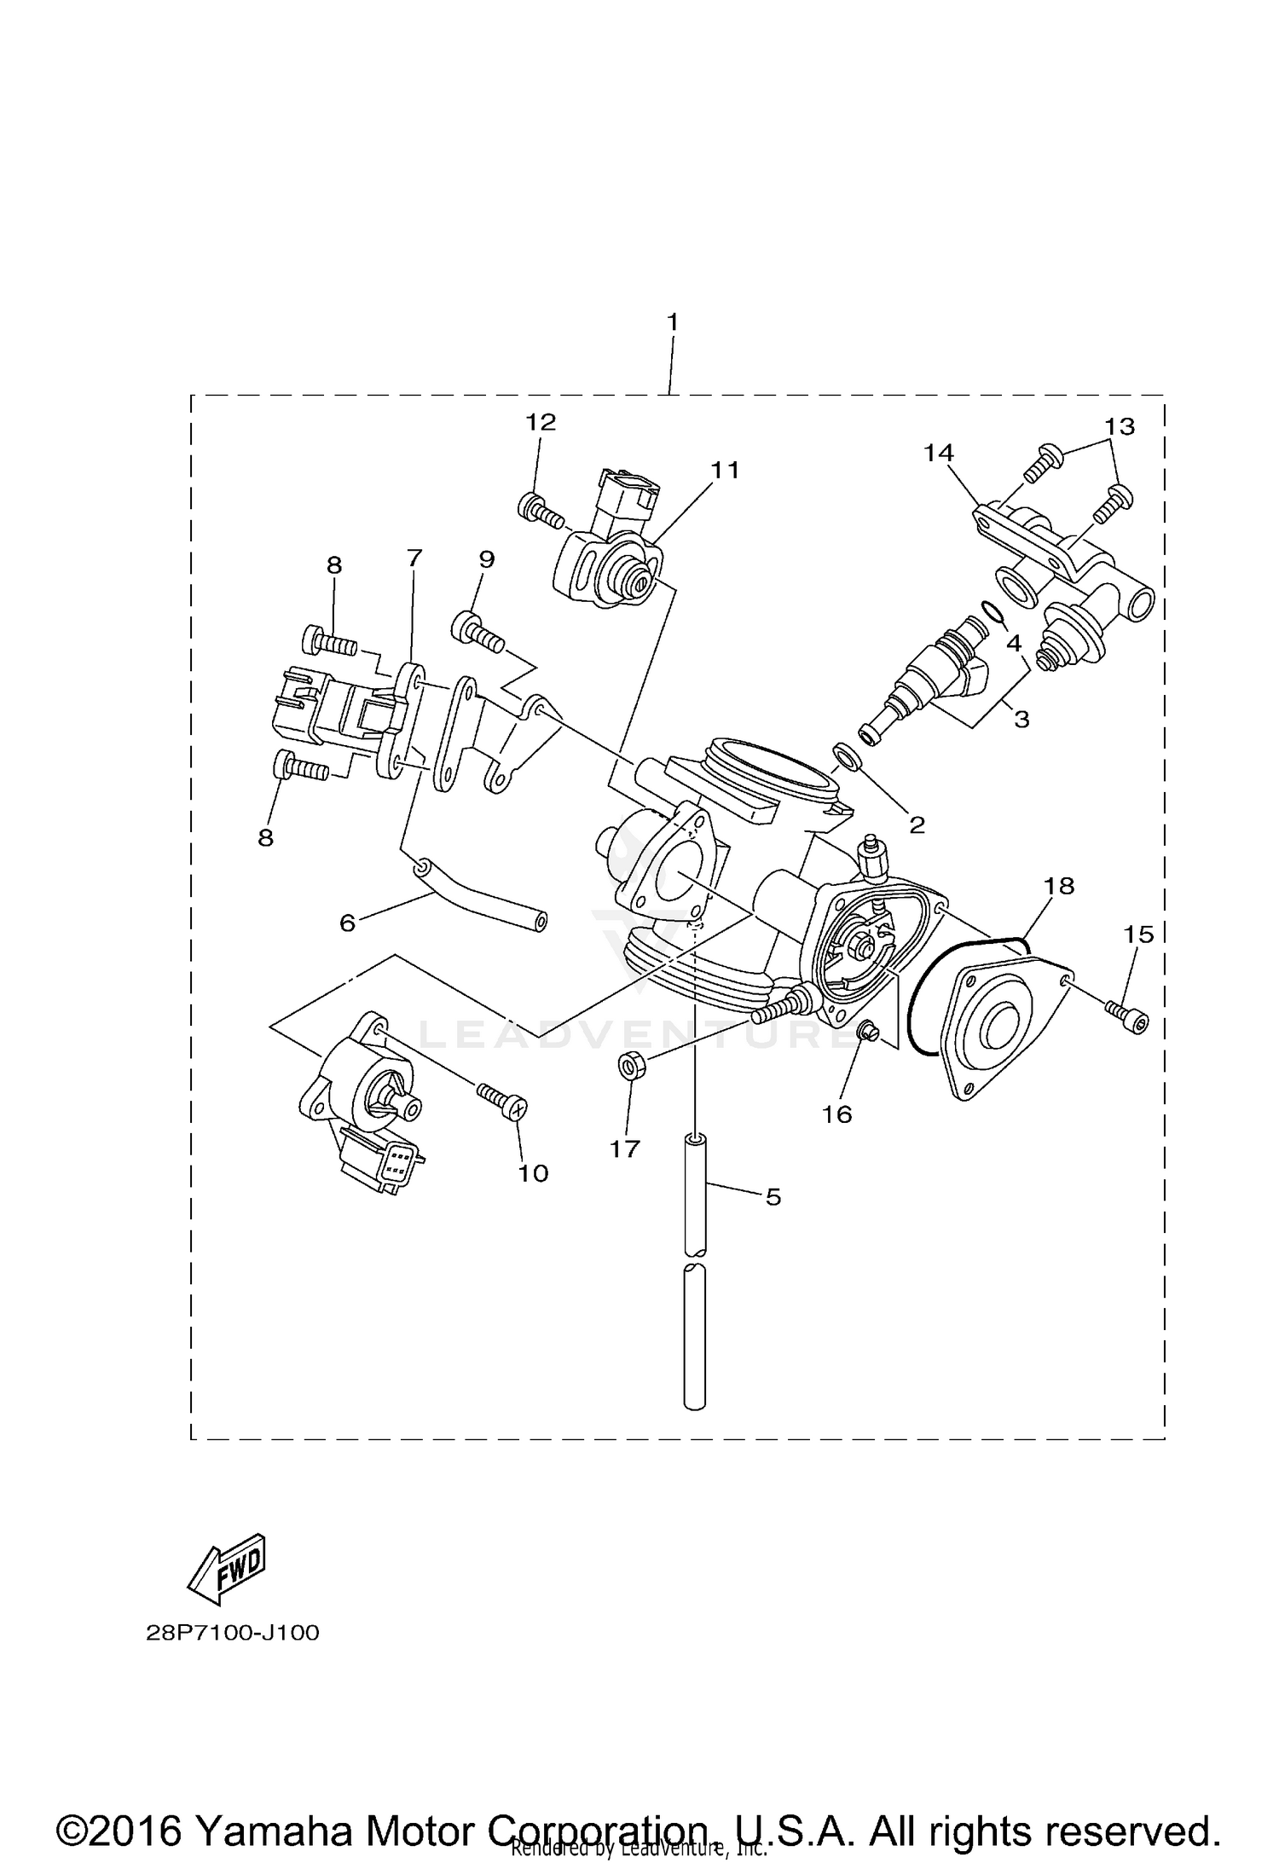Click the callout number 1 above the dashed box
click(672, 322)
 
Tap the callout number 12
click(540, 422)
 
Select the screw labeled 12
click(540, 512)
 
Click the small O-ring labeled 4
click(992, 611)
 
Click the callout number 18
click(1058, 886)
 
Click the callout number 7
click(414, 558)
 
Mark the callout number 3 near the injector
click(1021, 719)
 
